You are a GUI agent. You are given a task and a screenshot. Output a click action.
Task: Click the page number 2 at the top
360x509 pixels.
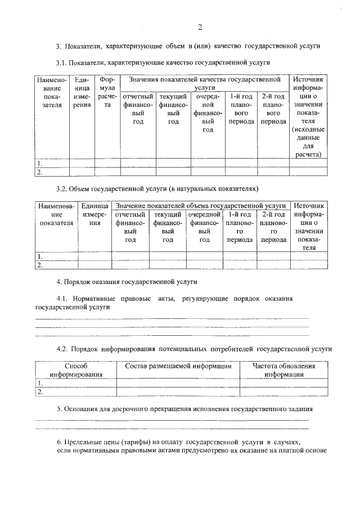tap(200, 28)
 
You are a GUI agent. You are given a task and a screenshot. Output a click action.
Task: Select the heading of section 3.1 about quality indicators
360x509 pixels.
tap(163, 62)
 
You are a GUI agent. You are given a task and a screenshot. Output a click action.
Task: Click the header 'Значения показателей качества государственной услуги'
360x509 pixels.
tap(204, 84)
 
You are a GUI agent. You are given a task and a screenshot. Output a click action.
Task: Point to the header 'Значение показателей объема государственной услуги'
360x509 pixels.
tap(200, 206)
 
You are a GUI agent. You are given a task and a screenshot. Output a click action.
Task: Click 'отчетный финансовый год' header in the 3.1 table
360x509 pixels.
tap(138, 113)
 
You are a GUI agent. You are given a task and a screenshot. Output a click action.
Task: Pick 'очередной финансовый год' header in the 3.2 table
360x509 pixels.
tap(205, 227)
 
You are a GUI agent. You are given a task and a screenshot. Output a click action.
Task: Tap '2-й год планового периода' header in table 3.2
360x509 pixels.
tap(274, 227)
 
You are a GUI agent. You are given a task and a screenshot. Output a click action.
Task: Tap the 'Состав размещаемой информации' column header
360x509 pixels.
tap(178, 366)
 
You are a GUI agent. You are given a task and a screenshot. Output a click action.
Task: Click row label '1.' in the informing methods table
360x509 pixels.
tap(40, 384)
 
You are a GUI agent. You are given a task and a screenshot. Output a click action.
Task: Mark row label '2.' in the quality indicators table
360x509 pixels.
tap(40, 173)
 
